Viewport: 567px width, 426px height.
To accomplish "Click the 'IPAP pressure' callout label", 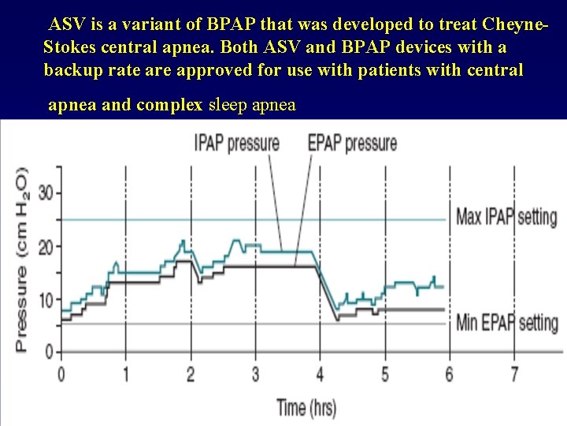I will pos(237,143).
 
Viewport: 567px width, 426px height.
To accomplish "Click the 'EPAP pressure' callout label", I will pos(352,143).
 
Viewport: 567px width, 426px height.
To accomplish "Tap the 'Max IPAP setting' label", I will pos(506,216).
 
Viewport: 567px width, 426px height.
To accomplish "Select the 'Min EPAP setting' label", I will pos(506,323).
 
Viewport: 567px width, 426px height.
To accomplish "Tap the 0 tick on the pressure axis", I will pos(49,351).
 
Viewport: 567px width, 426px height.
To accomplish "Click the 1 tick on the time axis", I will pos(126,373).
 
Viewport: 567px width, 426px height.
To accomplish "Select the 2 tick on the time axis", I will pos(191,373).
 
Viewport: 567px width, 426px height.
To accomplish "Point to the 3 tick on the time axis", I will pos(255,373).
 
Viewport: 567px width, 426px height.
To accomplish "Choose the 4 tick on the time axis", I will pos(320,373).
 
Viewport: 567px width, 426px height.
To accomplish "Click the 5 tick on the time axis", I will pos(384,373).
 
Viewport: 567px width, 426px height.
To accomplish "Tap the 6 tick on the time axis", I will pos(449,373).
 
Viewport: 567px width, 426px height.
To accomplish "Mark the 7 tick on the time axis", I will pos(514,373).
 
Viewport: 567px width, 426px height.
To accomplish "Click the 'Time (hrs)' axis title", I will pos(306,407).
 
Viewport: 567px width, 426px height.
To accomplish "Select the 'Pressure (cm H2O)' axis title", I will pos(21,259).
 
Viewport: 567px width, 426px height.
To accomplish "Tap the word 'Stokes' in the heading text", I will pos(72,47).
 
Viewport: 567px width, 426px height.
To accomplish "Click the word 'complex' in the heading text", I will pos(169,105).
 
